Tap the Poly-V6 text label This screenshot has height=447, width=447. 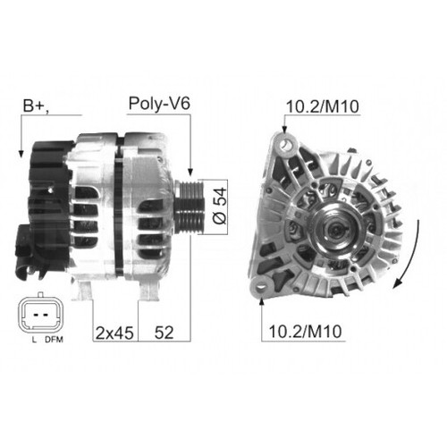[159, 104]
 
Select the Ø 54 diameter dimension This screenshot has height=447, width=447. [220, 206]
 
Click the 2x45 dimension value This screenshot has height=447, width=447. [114, 333]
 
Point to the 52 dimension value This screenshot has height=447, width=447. [164, 333]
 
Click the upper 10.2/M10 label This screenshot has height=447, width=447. [323, 106]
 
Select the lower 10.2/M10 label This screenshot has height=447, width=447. [305, 332]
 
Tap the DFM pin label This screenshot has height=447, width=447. [55, 340]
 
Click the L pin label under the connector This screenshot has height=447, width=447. [34, 340]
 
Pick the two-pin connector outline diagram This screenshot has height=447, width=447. [41, 313]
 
